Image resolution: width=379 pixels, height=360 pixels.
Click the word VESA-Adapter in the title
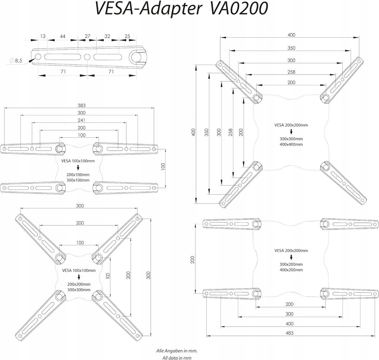pyautogui.click(x=148, y=9)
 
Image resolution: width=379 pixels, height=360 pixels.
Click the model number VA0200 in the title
pyautogui.click(x=239, y=8)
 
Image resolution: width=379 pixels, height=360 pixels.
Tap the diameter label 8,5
pyautogui.click(x=19, y=61)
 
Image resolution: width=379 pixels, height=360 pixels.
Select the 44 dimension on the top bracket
pyautogui.click(x=63, y=36)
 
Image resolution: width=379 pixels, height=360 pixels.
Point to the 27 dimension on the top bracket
pyautogui.click(x=87, y=36)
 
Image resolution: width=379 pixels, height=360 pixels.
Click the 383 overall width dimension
pyautogui.click(x=81, y=105)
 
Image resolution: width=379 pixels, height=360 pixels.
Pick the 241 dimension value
pyautogui.click(x=81, y=120)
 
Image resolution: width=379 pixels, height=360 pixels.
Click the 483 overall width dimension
pyautogui.click(x=289, y=333)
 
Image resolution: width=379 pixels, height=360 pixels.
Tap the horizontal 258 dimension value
pyautogui.click(x=291, y=72)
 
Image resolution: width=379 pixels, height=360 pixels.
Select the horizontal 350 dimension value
pyautogui.click(x=291, y=48)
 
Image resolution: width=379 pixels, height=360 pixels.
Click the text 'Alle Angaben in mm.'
pyautogui.click(x=177, y=351)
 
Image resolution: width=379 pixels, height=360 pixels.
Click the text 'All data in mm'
pyautogui.click(x=177, y=357)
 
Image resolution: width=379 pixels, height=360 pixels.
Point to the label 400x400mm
pyautogui.click(x=291, y=144)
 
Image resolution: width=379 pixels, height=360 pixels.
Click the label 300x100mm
pyautogui.click(x=78, y=180)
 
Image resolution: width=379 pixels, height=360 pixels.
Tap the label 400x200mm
pyautogui.click(x=291, y=270)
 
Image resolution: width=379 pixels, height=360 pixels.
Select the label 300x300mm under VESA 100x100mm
pyautogui.click(x=79, y=289)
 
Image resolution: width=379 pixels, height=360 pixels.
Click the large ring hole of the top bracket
pyautogui.click(x=137, y=57)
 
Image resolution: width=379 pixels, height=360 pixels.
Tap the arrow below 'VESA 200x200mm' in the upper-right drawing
pyautogui.click(x=291, y=132)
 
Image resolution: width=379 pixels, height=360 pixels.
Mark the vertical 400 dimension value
pyautogui.click(x=193, y=132)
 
